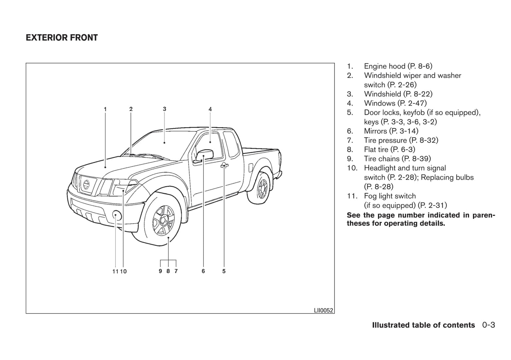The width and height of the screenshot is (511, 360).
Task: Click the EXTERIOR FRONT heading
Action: pyautogui.click(x=62, y=38)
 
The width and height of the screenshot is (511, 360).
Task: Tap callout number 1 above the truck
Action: pyautogui.click(x=105, y=109)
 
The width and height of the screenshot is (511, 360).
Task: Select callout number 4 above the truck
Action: pyautogui.click(x=210, y=109)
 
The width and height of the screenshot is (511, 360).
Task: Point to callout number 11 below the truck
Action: pyautogui.click(x=115, y=271)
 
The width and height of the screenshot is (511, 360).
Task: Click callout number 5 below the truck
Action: pyautogui.click(x=224, y=271)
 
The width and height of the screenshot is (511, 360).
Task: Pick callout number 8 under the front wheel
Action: pyautogui.click(x=168, y=271)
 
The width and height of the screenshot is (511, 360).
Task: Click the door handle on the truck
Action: pyautogui.click(x=224, y=165)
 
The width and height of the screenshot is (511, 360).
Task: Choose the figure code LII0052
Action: pyautogui.click(x=323, y=311)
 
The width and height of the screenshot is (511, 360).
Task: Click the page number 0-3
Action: pyautogui.click(x=488, y=325)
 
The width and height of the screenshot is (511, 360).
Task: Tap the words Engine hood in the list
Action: pyautogui.click(x=384, y=66)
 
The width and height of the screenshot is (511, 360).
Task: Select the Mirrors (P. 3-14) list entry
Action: pyautogui.click(x=391, y=131)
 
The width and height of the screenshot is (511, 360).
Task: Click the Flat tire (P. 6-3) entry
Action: pyautogui.click(x=389, y=149)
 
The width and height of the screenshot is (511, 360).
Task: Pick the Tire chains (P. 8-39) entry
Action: pyautogui.click(x=397, y=159)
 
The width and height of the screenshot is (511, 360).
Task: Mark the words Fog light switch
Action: pyautogui.click(x=390, y=196)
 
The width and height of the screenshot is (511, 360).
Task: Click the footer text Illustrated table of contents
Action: pyautogui.click(x=423, y=325)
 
